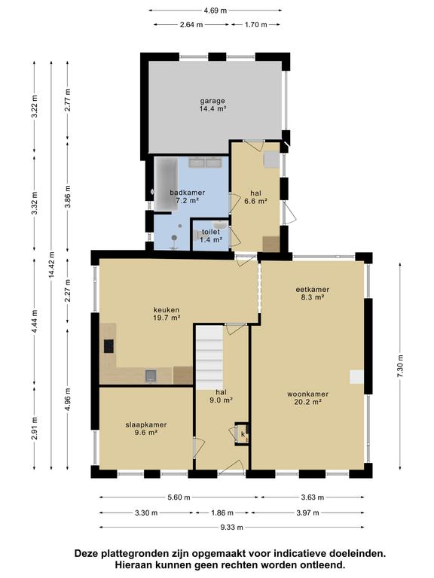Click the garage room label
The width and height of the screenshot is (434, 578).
click(x=212, y=105)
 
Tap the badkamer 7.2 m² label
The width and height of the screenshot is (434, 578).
click(x=187, y=196)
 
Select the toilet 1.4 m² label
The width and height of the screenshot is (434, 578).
click(x=211, y=236)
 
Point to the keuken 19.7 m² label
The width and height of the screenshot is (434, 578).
click(x=167, y=314)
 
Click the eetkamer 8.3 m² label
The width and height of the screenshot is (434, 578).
click(x=312, y=293)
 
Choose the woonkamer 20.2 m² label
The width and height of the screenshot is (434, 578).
click(x=307, y=397)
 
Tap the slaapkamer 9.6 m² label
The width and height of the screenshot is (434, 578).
click(x=145, y=428)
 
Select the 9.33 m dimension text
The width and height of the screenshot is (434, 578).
click(x=232, y=527)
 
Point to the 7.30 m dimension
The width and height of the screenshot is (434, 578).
click(x=400, y=366)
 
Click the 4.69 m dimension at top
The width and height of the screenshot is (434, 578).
click(x=215, y=11)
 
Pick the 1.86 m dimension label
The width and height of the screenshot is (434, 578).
click(x=222, y=513)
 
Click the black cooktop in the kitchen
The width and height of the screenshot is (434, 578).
click(x=108, y=346)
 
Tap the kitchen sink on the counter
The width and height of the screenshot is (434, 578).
click(x=150, y=376)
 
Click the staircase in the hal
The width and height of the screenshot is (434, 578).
click(x=209, y=357)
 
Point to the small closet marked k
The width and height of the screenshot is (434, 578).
click(x=243, y=433)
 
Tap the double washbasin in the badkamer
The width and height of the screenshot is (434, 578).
click(x=204, y=163)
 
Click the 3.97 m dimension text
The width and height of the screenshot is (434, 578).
click(x=307, y=513)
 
